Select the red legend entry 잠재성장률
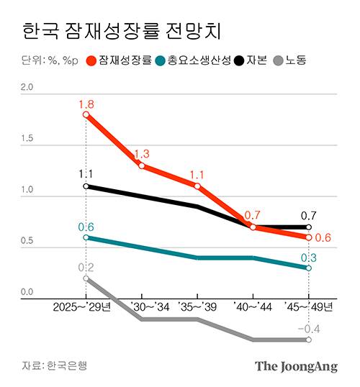[118, 60]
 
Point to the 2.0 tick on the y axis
[27, 87]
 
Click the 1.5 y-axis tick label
[27, 139]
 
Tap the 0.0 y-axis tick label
[27, 292]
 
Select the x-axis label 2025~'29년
[82, 307]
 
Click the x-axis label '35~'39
[197, 307]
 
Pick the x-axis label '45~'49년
[310, 307]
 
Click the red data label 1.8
[86, 103]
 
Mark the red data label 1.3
[142, 154]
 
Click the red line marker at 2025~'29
[86, 114]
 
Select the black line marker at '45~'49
[309, 227]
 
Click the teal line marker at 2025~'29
[86, 237]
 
